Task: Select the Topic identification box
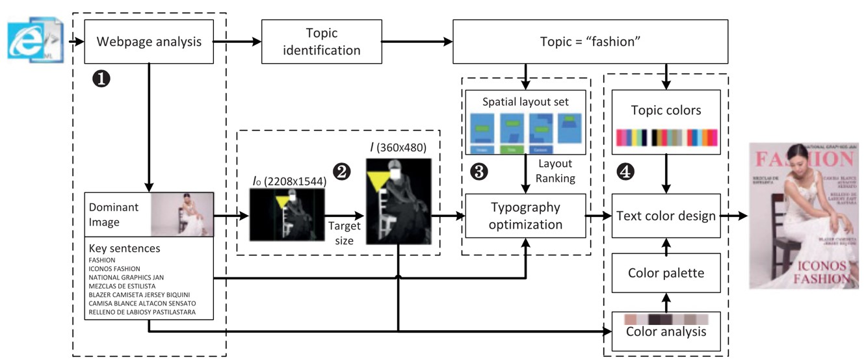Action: [321, 42]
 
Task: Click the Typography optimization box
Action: [526, 216]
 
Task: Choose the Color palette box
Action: [665, 273]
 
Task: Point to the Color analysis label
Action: [665, 331]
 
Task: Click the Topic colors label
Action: [665, 110]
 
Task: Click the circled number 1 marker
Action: [102, 79]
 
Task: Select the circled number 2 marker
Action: [341, 170]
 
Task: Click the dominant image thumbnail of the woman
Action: [182, 214]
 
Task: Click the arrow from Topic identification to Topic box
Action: [417, 42]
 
